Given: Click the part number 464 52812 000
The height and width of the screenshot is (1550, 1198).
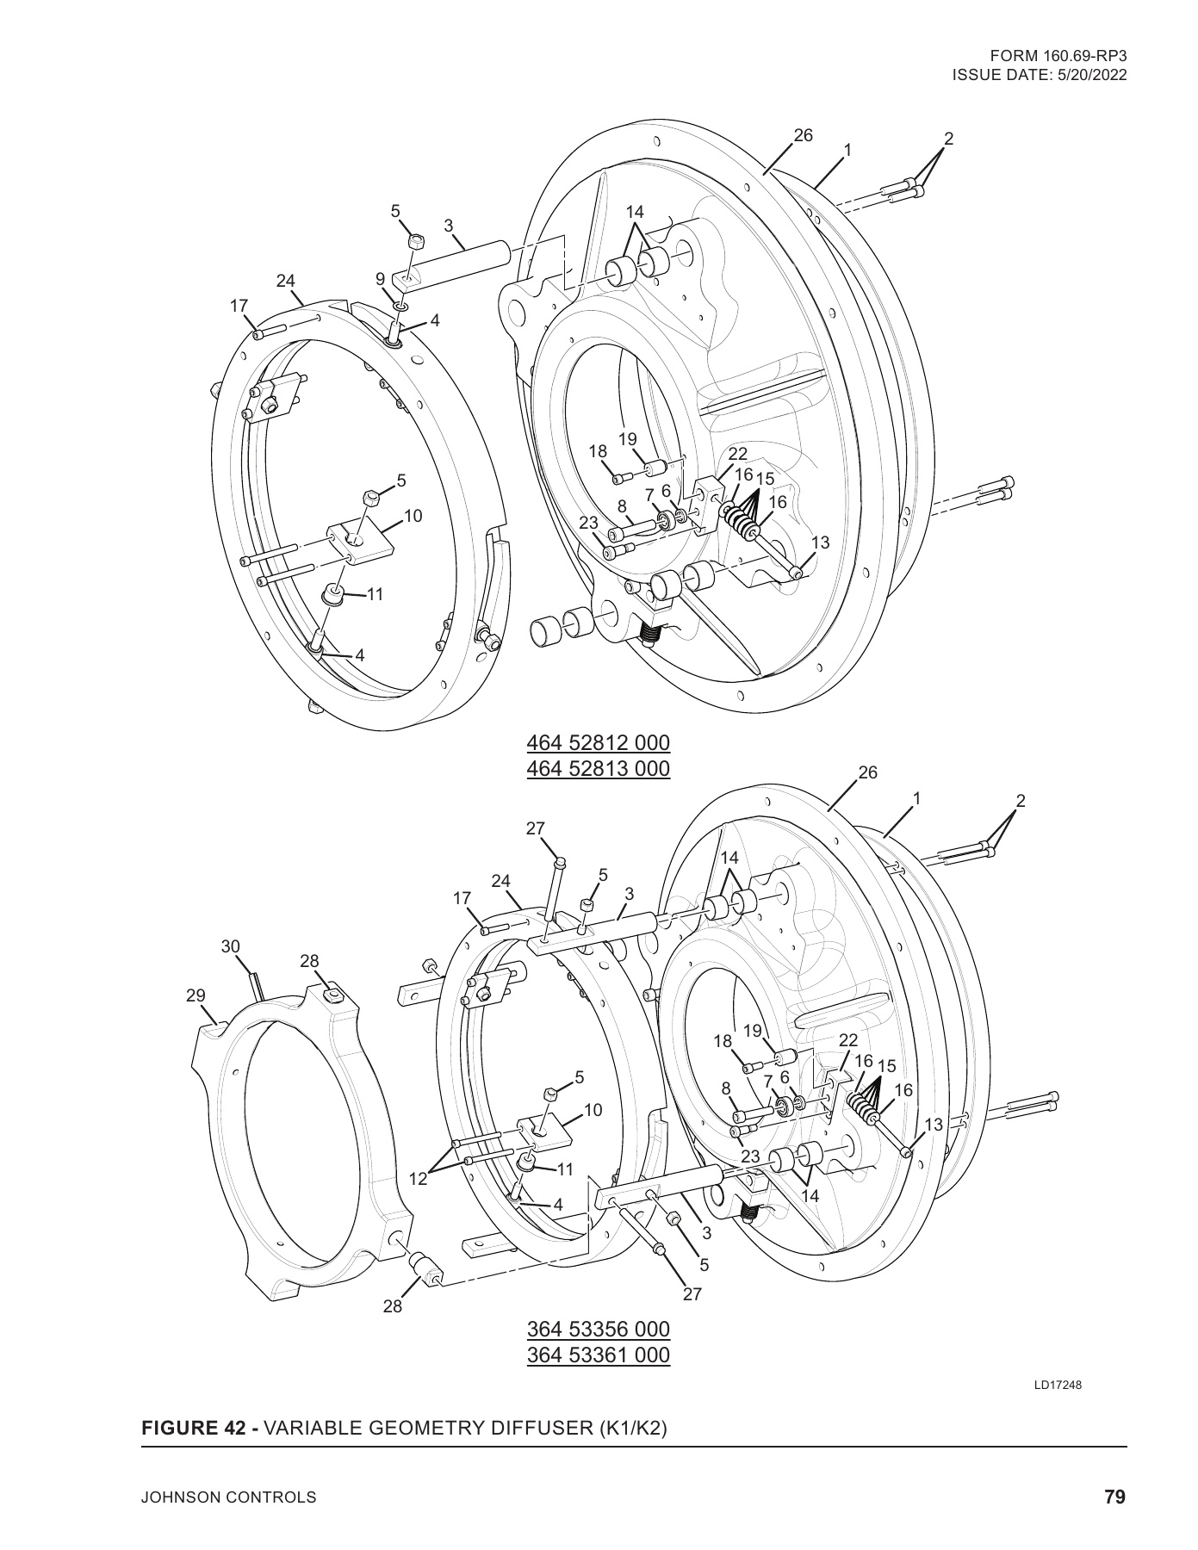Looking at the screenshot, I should tap(598, 742).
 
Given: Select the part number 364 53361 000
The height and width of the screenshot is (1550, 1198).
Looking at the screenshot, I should tap(598, 1355).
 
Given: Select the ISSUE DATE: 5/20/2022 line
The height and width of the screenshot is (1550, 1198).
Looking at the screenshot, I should tap(1040, 74).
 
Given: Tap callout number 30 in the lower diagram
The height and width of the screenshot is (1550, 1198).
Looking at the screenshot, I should tap(230, 946).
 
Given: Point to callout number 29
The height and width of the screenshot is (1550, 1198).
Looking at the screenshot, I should tap(196, 995).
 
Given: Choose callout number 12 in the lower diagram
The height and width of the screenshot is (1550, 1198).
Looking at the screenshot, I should tap(418, 1179).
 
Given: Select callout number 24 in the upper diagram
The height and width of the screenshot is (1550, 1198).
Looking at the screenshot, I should tap(286, 280).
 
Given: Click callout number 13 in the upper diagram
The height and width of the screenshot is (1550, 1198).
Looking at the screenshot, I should tap(821, 542).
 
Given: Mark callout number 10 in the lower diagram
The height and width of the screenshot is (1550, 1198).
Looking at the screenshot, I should tap(593, 1110).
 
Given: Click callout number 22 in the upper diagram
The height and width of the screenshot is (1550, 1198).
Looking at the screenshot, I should tap(738, 454).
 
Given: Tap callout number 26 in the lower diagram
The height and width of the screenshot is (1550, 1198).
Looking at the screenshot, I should tap(867, 772).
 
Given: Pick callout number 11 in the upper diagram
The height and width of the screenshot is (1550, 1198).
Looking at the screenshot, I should tap(375, 594).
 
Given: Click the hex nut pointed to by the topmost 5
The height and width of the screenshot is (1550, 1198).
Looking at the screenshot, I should tap(413, 240).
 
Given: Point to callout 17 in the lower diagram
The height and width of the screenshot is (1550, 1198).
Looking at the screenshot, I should tap(462, 898).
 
